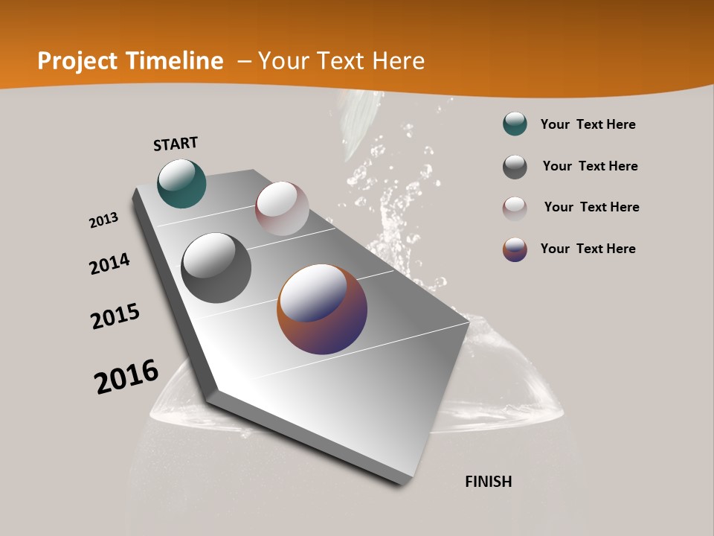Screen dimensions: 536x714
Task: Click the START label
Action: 176,144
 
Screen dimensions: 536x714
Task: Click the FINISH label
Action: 488,482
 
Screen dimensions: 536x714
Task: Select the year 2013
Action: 103,220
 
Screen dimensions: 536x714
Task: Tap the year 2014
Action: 109,264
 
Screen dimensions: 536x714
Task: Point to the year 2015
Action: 115,316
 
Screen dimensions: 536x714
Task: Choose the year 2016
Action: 126,377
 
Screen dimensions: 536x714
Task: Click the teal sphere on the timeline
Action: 181,184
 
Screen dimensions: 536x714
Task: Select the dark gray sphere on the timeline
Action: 216,268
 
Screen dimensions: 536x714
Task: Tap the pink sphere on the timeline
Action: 282,208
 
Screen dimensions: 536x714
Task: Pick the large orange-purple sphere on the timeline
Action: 322,309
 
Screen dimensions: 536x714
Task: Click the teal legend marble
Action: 515,124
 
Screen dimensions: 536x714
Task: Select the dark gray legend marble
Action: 515,167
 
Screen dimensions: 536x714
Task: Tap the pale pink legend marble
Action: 515,208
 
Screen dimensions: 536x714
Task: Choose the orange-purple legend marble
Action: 515,249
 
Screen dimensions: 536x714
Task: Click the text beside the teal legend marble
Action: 588,124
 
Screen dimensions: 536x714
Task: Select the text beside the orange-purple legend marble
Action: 588,249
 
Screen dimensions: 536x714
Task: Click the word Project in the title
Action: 77,61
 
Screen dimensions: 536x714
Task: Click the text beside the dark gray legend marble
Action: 590,166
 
